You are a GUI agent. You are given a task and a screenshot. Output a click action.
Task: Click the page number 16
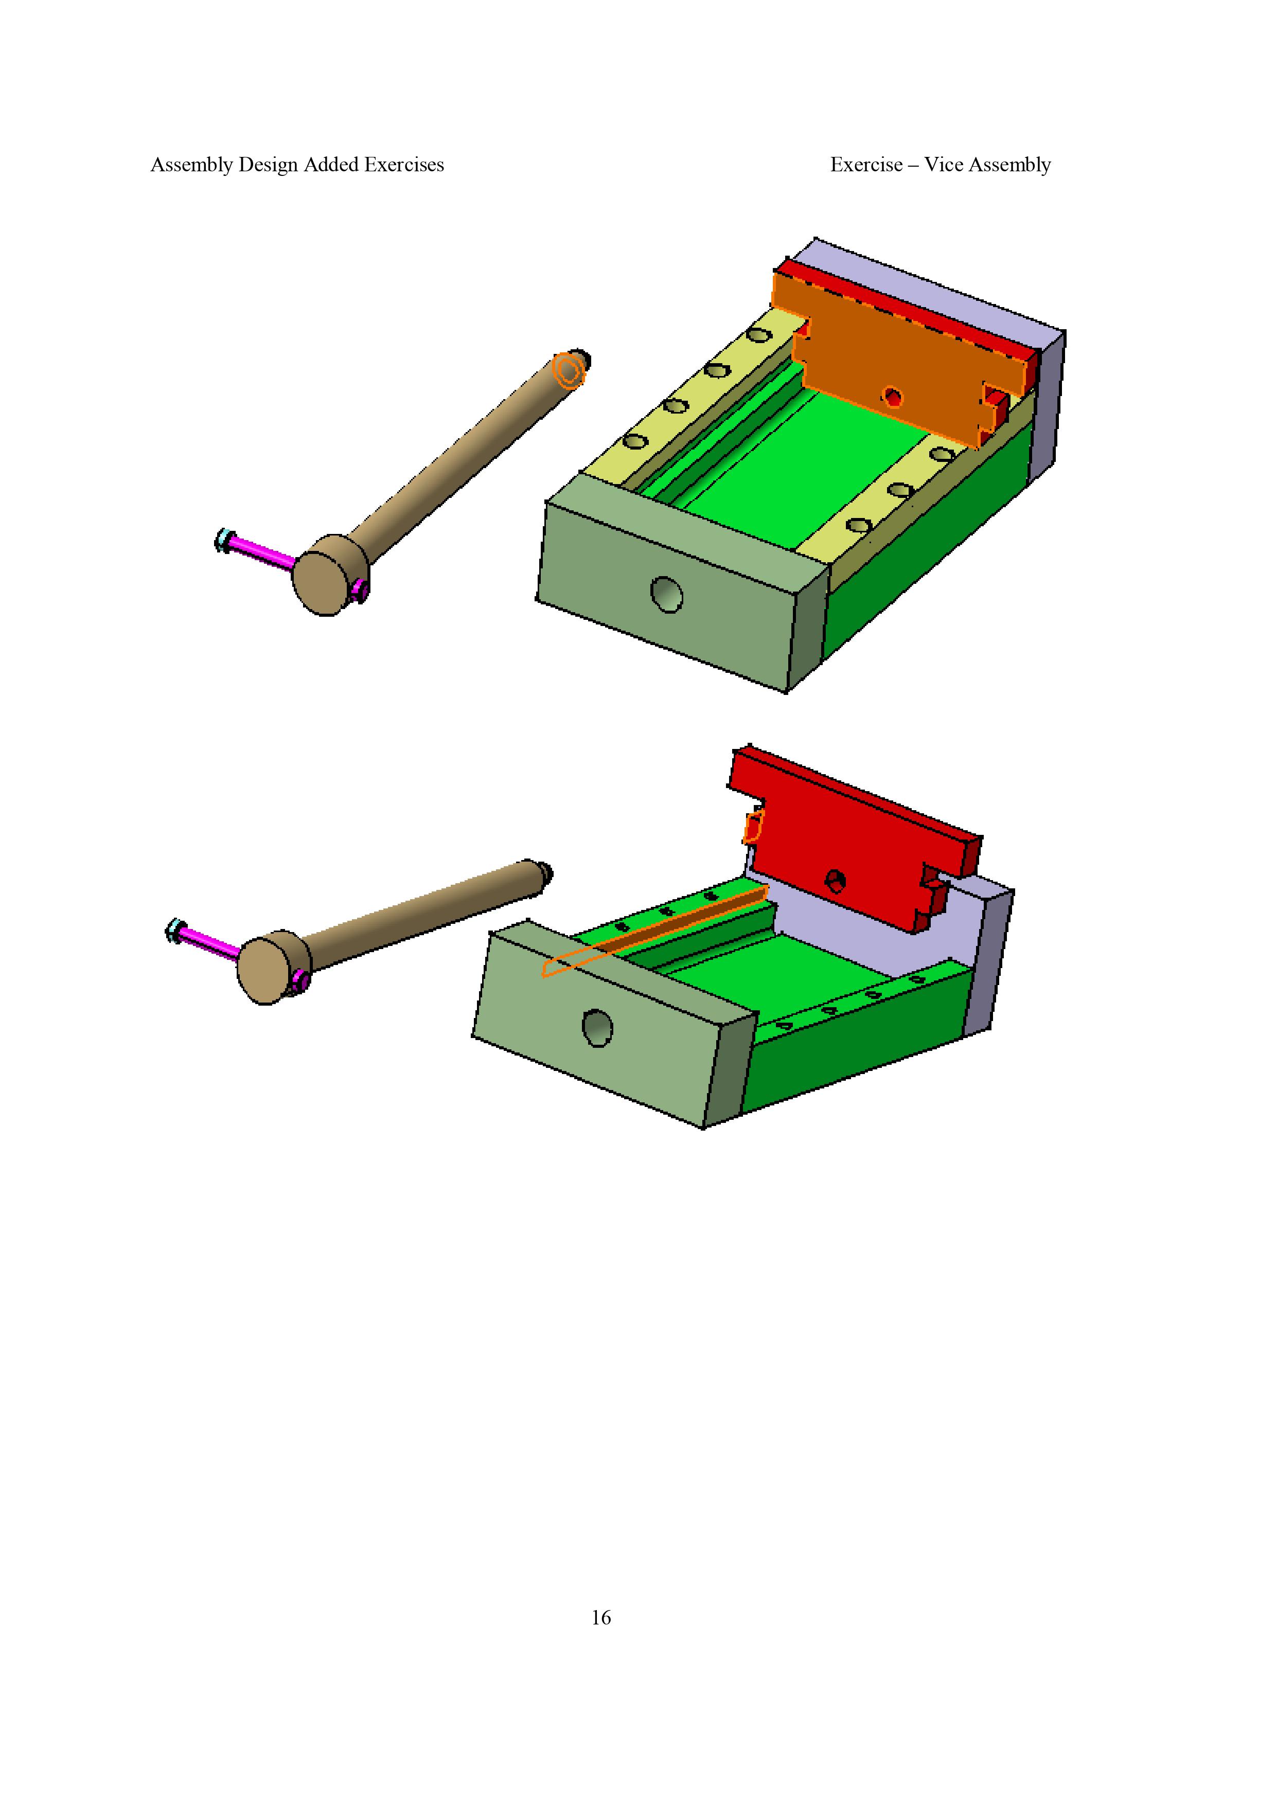point(600,1617)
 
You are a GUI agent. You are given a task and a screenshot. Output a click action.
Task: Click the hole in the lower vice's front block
point(597,1028)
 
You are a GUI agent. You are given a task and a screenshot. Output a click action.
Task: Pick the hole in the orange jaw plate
point(892,396)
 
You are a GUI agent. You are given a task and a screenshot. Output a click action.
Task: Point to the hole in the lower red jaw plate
point(835,881)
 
